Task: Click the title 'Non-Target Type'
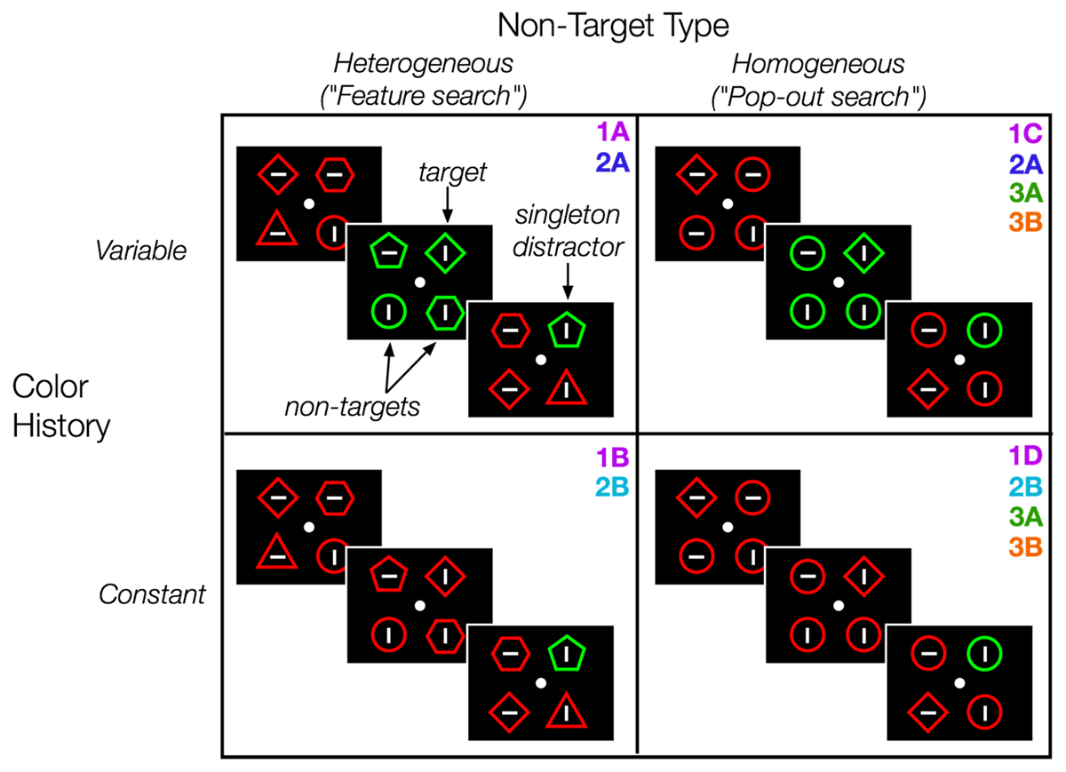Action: click(x=613, y=26)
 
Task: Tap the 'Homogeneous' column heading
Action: click(x=817, y=64)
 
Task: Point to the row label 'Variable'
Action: click(x=142, y=251)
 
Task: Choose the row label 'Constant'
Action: click(x=150, y=593)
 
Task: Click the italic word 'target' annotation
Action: click(x=453, y=172)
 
